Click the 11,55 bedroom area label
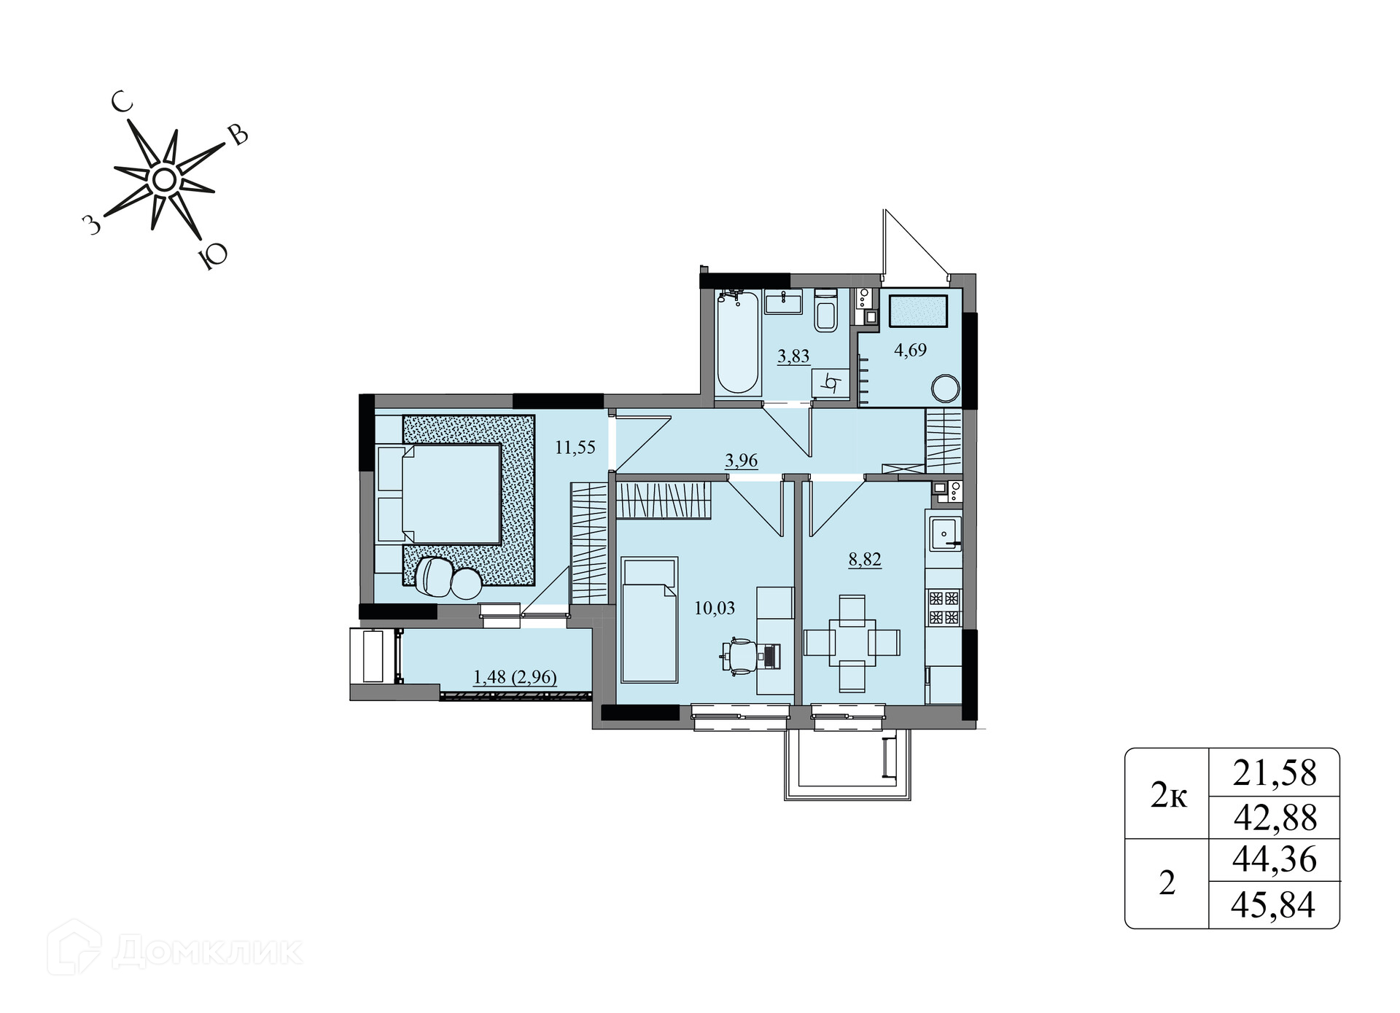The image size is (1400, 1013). click(575, 447)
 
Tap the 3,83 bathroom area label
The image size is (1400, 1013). click(793, 356)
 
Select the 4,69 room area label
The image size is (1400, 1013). click(911, 351)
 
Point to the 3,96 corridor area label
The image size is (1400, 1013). click(742, 461)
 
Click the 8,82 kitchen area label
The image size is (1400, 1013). click(865, 560)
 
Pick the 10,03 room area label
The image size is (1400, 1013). click(715, 608)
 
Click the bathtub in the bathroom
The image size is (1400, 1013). click(737, 343)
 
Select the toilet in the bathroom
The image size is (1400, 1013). click(825, 311)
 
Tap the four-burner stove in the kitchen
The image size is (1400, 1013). click(944, 608)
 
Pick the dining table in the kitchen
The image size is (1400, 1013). click(852, 643)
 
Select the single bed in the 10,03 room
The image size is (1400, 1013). click(649, 620)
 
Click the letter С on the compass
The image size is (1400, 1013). click(122, 103)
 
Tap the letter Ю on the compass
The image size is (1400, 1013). click(213, 257)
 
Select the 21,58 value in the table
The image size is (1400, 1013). click(1275, 773)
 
